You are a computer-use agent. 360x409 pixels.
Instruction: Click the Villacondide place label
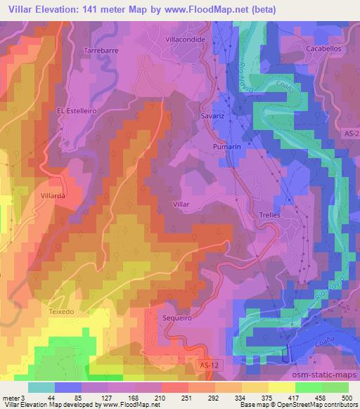click(x=185, y=40)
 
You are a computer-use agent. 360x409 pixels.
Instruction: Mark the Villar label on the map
click(x=181, y=203)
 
